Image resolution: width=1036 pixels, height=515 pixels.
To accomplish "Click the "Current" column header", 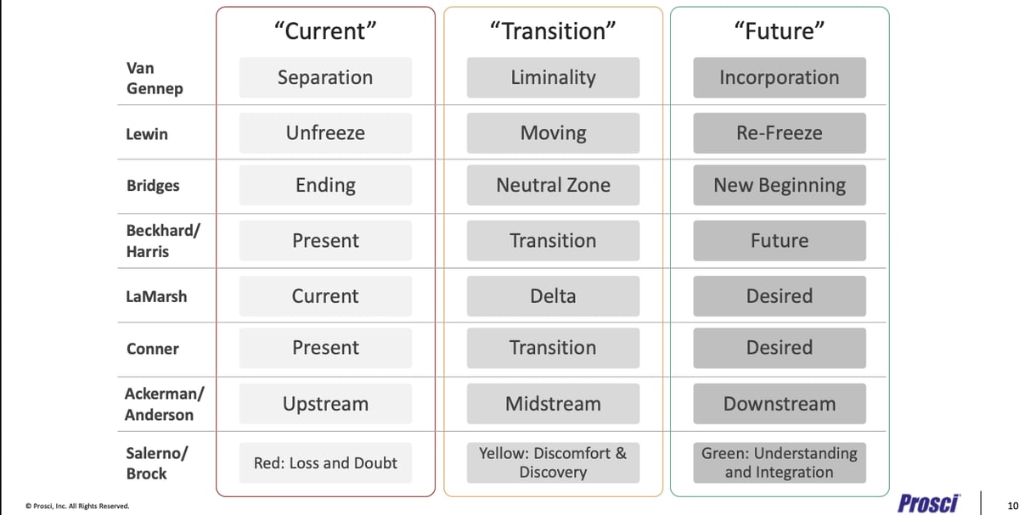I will (325, 31).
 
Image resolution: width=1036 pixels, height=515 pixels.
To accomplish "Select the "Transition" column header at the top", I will (553, 31).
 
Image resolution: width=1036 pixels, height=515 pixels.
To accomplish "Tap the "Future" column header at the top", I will (779, 31).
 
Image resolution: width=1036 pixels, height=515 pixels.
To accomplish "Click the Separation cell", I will (325, 77).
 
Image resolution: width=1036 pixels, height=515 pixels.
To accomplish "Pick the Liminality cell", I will (553, 77).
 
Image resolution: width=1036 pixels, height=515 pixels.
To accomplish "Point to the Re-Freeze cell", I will (779, 133).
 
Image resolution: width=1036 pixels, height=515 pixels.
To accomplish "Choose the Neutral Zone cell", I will (553, 185).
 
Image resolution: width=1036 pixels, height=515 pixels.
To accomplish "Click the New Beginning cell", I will (779, 185).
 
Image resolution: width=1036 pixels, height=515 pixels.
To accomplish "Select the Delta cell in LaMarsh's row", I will (553, 296).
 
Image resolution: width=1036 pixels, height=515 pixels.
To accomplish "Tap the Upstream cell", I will (325, 404).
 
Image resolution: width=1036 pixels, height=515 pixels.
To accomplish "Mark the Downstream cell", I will (779, 404).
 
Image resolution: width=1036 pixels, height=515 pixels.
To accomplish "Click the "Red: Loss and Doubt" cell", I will (325, 463).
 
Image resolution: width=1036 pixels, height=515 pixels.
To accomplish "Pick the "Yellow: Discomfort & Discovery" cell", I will (553, 462).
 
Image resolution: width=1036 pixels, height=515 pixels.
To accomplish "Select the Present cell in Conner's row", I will (325, 348).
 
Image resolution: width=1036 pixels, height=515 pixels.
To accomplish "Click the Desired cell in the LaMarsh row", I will (779, 296).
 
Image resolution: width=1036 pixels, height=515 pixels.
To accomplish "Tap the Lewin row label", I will (147, 134).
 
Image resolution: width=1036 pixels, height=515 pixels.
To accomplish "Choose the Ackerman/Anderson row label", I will (159, 404).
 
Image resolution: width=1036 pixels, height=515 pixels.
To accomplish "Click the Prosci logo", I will (928, 503).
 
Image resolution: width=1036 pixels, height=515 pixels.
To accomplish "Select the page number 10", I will (1012, 506).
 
